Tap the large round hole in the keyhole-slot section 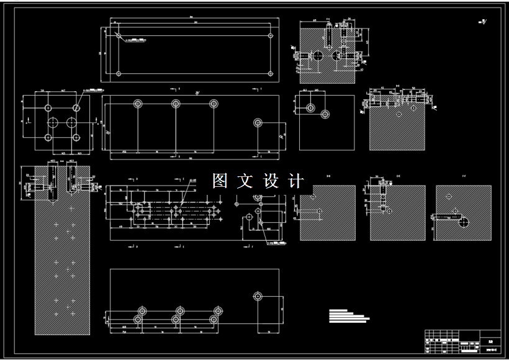[x=462, y=220]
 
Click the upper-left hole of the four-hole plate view [x=48, y=108]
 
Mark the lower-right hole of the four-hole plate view [x=76, y=137]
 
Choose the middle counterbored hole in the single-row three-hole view [x=176, y=104]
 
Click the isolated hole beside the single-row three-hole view [x=258, y=122]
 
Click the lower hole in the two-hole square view [x=325, y=114]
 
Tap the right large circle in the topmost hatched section [x=337, y=56]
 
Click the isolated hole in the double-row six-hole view [x=258, y=295]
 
